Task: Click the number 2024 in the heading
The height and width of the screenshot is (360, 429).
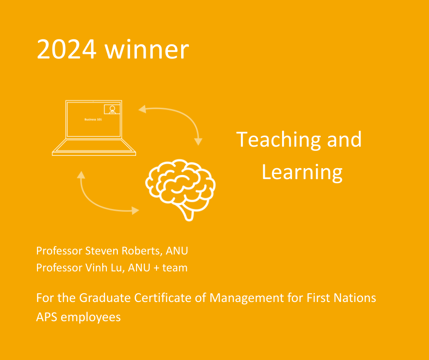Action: pyautogui.click(x=67, y=49)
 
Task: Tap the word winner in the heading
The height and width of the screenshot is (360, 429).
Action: pyautogui.click(x=147, y=49)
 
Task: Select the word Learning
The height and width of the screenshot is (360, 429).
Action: pyautogui.click(x=302, y=173)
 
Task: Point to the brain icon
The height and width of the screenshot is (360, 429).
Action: pyautogui.click(x=180, y=190)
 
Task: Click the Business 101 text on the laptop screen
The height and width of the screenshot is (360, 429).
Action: pyautogui.click(x=93, y=119)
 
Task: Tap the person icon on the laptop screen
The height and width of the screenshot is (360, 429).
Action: pyautogui.click(x=112, y=109)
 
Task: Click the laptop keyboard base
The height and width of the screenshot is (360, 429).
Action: pyautogui.click(x=94, y=148)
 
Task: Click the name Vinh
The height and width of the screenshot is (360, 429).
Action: pyautogui.click(x=94, y=268)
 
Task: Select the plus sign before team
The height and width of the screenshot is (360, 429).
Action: pyautogui.click(x=157, y=268)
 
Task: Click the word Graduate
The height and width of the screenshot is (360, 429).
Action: pyautogui.click(x=105, y=298)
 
